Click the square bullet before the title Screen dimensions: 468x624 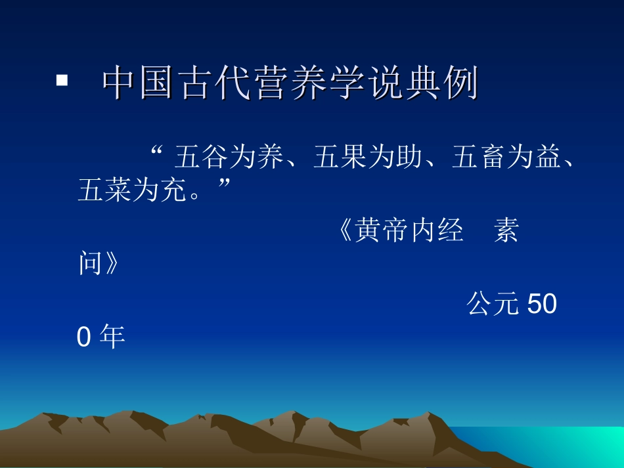pyautogui.click(x=62, y=81)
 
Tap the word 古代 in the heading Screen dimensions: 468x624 pyautogui.click(x=217, y=84)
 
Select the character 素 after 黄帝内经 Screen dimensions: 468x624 pyautogui.click(x=506, y=231)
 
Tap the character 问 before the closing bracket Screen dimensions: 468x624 pyautogui.click(x=90, y=265)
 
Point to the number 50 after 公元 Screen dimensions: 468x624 pyautogui.click(x=543, y=305)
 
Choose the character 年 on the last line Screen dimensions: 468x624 pyautogui.click(x=112, y=338)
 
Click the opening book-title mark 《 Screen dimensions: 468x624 pyautogui.click(x=345, y=231)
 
